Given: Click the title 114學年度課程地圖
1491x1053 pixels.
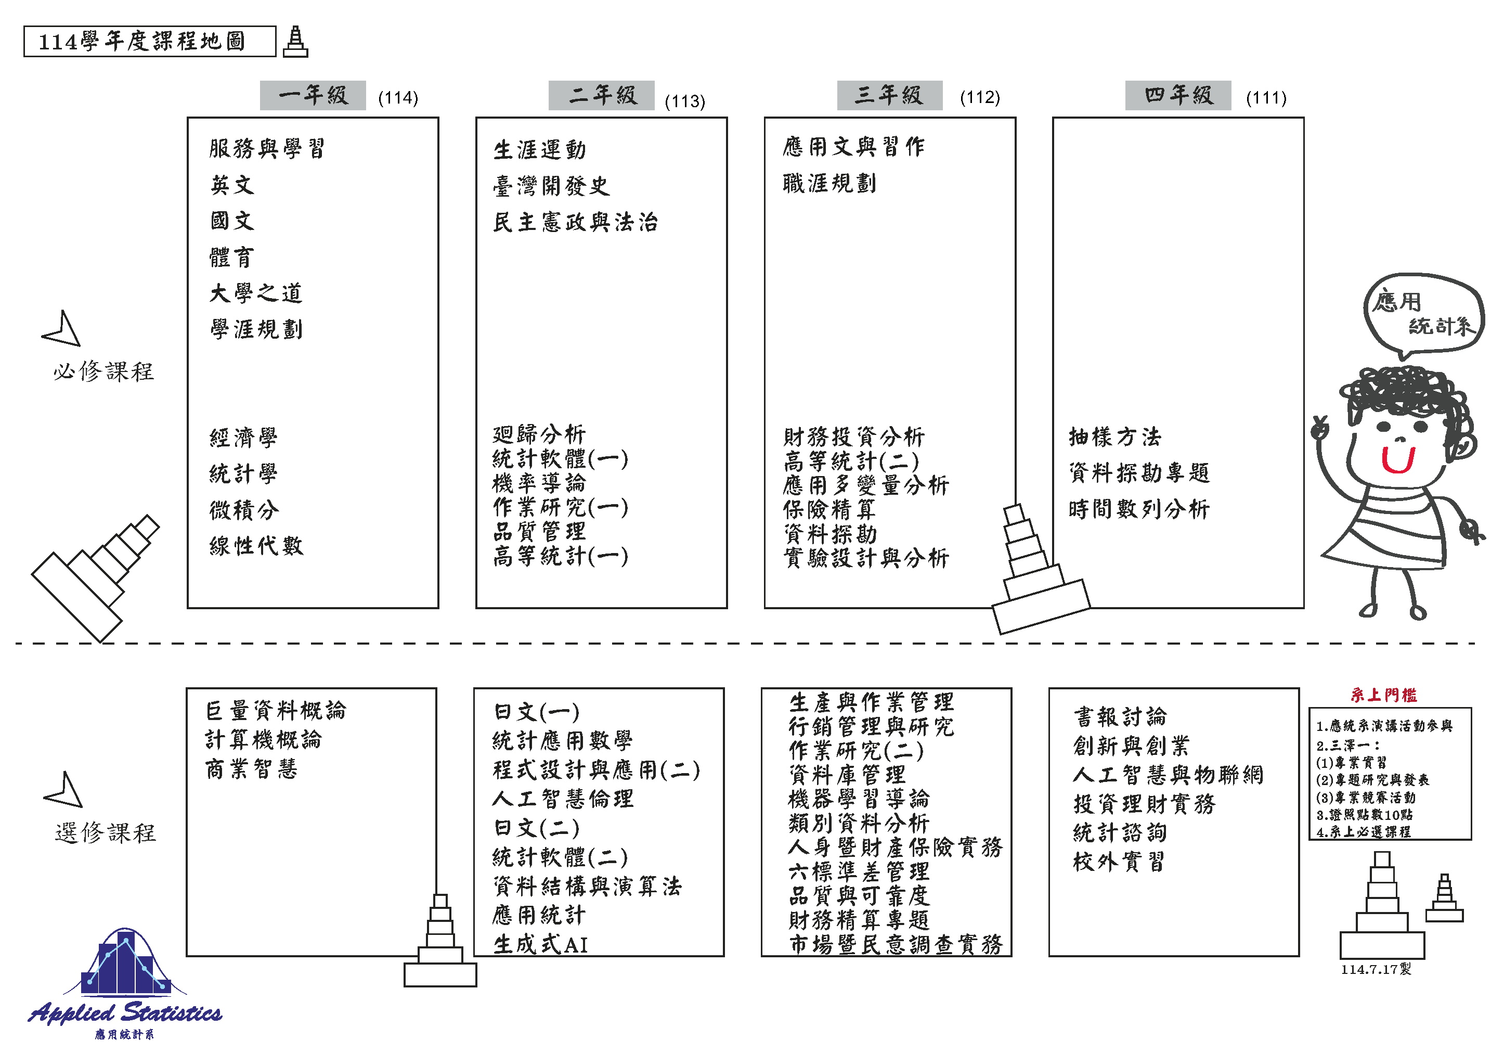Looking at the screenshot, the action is tap(141, 42).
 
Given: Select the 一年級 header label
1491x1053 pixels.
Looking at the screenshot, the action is tap(313, 96).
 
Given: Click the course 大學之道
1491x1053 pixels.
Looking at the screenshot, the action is tap(256, 293).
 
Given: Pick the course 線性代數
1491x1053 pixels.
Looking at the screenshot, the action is tap(256, 545).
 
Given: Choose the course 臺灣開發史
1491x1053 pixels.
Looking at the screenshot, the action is tap(551, 186).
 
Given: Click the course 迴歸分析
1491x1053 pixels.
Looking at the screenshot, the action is tap(539, 434).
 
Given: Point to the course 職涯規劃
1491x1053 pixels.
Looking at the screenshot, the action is tap(829, 183).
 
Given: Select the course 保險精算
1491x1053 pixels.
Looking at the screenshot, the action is tap(829, 509).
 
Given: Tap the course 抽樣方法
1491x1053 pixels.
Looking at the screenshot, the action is tap(1115, 436).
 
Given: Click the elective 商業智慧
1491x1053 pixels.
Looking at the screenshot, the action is tap(252, 769).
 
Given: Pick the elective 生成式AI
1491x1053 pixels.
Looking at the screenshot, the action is tap(540, 944).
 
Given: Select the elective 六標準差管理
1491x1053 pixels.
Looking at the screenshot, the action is tap(859, 871).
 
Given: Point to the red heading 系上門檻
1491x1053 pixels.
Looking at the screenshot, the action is tap(1384, 695).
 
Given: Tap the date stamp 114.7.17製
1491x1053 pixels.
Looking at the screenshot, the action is tap(1376, 969).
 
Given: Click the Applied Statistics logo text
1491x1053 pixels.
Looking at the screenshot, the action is tap(125, 1013).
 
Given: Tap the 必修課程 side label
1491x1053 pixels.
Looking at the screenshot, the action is tap(104, 371).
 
